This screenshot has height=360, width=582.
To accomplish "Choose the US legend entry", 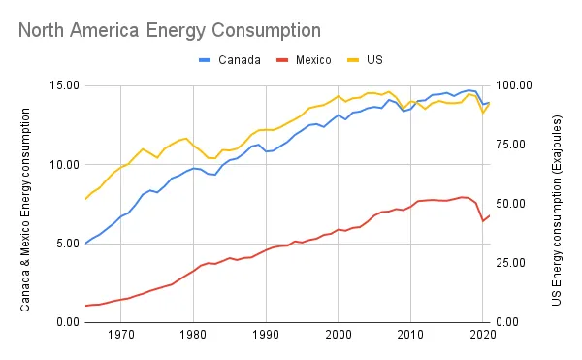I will pyautogui.click(x=374, y=59).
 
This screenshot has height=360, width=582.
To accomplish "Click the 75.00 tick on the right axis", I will pyautogui.click(x=514, y=164).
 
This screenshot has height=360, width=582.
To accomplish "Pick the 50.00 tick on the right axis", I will pyautogui.click(x=514, y=243).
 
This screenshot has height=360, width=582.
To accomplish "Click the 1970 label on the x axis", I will pyautogui.click(x=121, y=336).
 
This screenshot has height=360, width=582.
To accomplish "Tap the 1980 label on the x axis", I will pyautogui.click(x=193, y=336).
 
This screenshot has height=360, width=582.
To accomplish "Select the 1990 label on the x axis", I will pyautogui.click(x=266, y=336).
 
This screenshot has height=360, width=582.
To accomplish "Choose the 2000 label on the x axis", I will pyautogui.click(x=338, y=336).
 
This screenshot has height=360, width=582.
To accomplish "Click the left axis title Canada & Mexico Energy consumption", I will pyautogui.click(x=26, y=203).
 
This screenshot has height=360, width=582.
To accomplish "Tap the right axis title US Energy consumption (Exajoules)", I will pyautogui.click(x=557, y=203).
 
